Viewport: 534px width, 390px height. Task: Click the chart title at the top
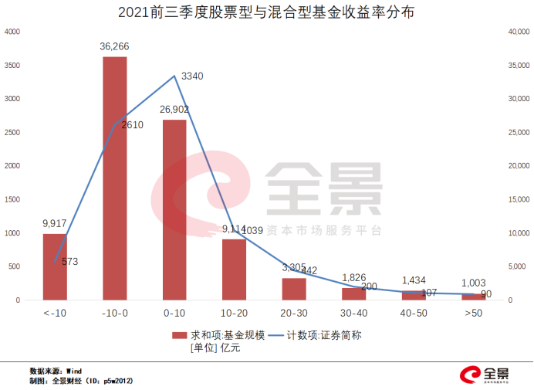[267, 13]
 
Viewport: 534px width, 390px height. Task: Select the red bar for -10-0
[114, 178]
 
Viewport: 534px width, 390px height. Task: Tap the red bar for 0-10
[174, 209]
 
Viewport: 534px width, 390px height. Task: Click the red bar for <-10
[55, 266]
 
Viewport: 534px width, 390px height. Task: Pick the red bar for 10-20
[235, 270]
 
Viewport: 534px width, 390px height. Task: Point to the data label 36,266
[114, 46]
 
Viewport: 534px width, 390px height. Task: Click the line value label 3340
[192, 76]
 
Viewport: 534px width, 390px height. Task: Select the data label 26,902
[174, 110]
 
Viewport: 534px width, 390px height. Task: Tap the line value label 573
[69, 262]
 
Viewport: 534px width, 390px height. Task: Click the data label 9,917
[55, 224]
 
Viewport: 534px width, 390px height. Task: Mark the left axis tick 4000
[12, 32]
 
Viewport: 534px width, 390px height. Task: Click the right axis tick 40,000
[516, 32]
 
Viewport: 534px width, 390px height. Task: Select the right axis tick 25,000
[516, 132]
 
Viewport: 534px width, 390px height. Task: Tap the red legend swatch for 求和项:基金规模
[178, 335]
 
